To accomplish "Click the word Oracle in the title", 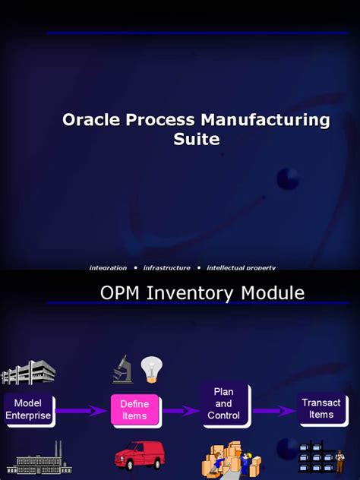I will (x=90, y=120).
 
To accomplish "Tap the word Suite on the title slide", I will (x=195, y=139).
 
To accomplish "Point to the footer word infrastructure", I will (x=166, y=267).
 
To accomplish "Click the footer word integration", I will (x=108, y=267).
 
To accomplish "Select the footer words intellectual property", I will (x=241, y=267).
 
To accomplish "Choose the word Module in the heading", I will (x=274, y=293).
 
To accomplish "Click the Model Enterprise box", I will (x=28, y=409).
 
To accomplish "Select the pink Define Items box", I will (x=134, y=410).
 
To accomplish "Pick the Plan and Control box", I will (x=223, y=404).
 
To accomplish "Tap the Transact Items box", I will (x=321, y=409).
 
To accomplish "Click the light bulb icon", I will (x=152, y=370).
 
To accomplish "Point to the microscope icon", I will (x=122, y=371).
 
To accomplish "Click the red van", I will (x=139, y=456).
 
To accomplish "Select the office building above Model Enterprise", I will (x=28, y=372).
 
